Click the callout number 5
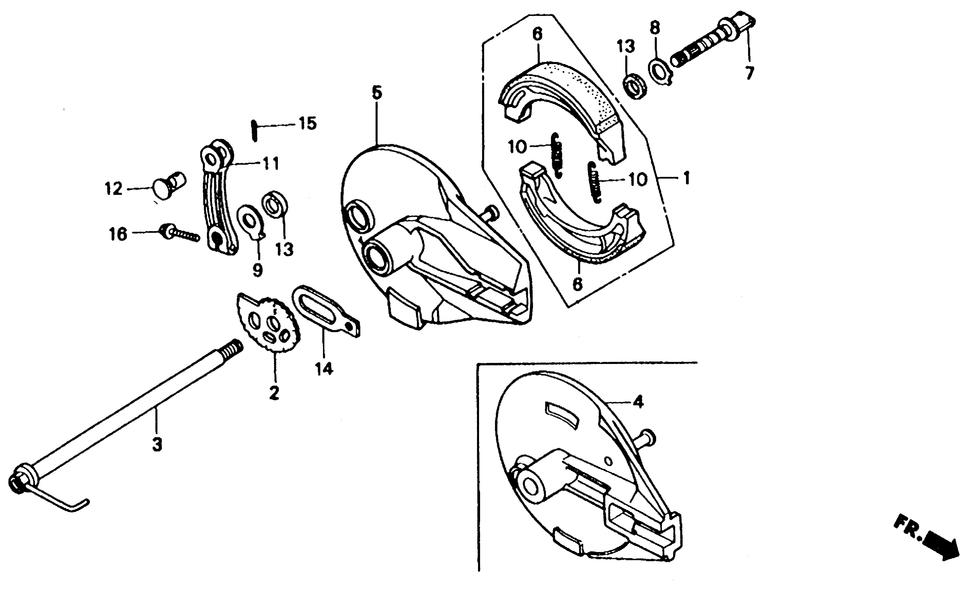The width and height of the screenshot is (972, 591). [x=377, y=93]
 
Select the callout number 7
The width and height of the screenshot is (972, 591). [x=749, y=73]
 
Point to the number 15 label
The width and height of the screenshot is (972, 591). [x=307, y=124]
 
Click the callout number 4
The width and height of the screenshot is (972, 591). [x=638, y=402]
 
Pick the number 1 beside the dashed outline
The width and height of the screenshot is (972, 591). [x=686, y=178]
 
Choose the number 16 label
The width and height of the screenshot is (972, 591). [x=118, y=234]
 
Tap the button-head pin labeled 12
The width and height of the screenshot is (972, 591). [x=168, y=188]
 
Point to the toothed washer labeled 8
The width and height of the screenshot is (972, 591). [x=660, y=71]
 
